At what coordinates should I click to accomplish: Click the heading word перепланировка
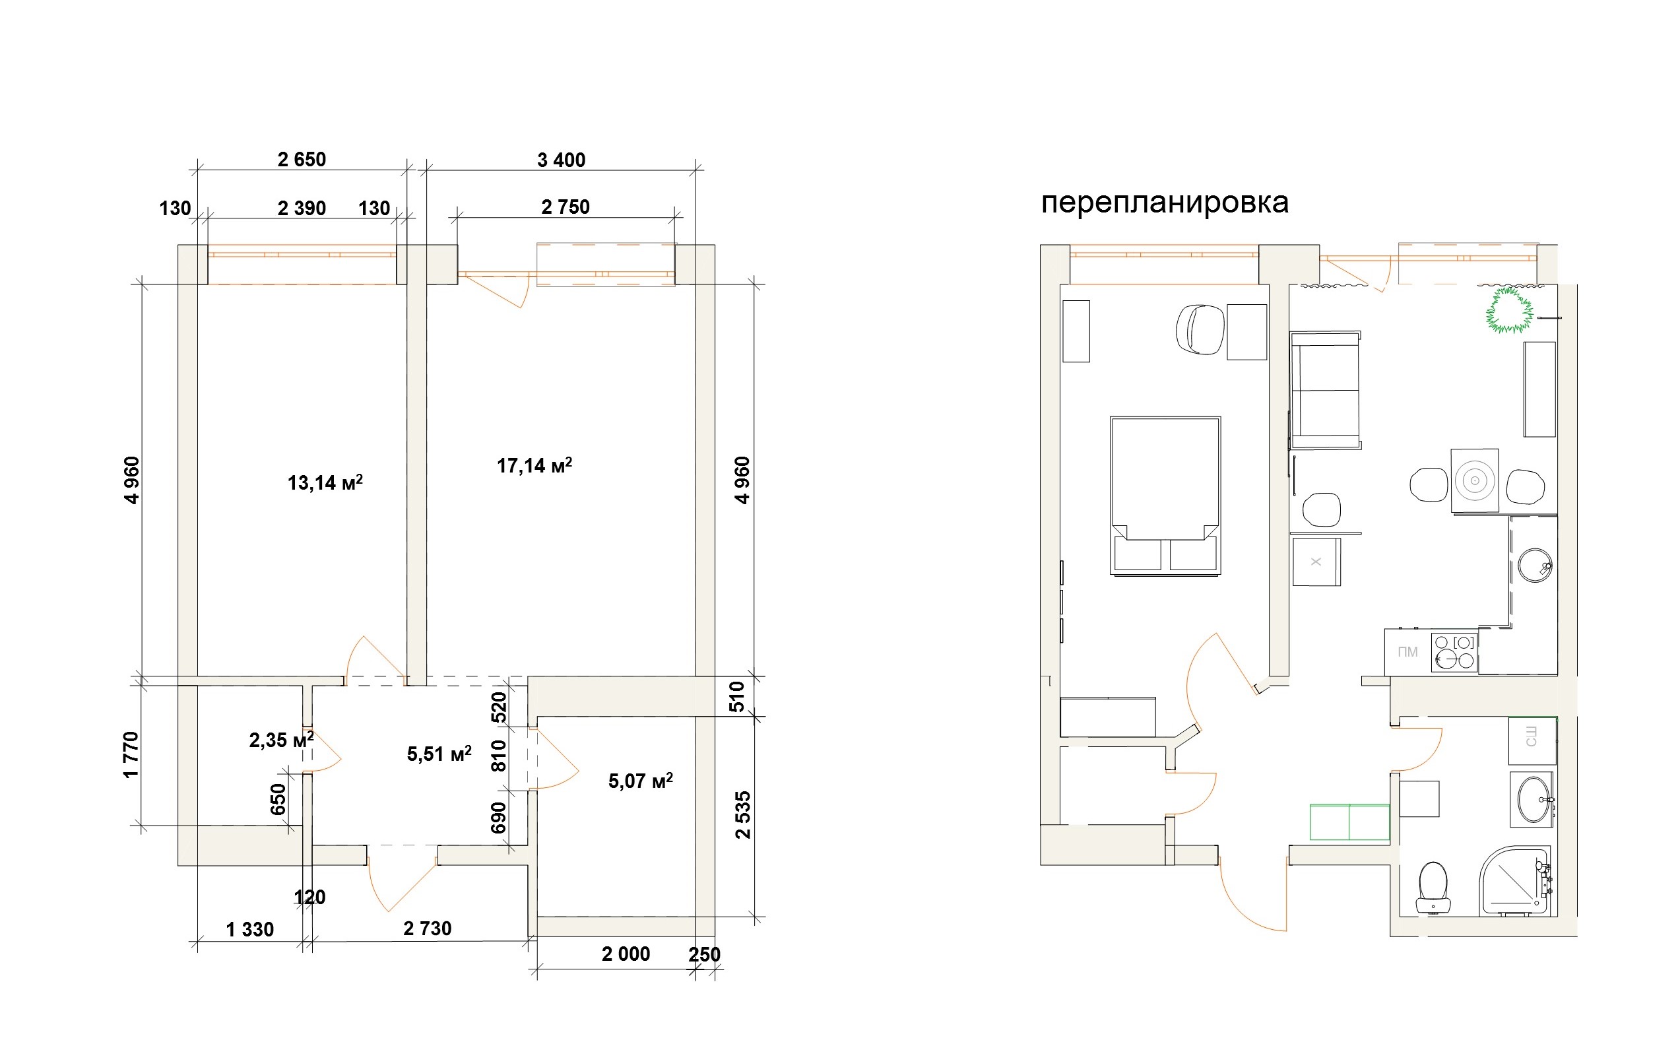(1165, 203)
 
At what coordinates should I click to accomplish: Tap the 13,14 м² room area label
(325, 482)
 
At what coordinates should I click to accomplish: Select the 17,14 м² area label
(534, 465)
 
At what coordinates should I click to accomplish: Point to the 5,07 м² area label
(640, 781)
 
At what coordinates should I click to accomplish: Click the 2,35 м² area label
(281, 740)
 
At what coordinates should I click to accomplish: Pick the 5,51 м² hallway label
(439, 754)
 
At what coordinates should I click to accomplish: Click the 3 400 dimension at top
(561, 160)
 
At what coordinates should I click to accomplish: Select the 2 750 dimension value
(565, 207)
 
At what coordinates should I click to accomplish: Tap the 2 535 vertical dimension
(743, 815)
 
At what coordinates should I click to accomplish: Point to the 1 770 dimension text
(131, 755)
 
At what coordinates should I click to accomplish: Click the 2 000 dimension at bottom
(626, 954)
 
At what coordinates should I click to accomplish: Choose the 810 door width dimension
(498, 756)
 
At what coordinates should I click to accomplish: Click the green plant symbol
(1510, 310)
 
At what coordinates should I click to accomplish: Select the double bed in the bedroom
(1165, 495)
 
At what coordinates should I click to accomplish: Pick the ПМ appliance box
(1407, 652)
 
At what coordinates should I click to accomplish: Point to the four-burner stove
(1454, 652)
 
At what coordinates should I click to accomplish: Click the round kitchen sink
(1535, 566)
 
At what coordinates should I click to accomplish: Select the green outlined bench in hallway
(1349, 822)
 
